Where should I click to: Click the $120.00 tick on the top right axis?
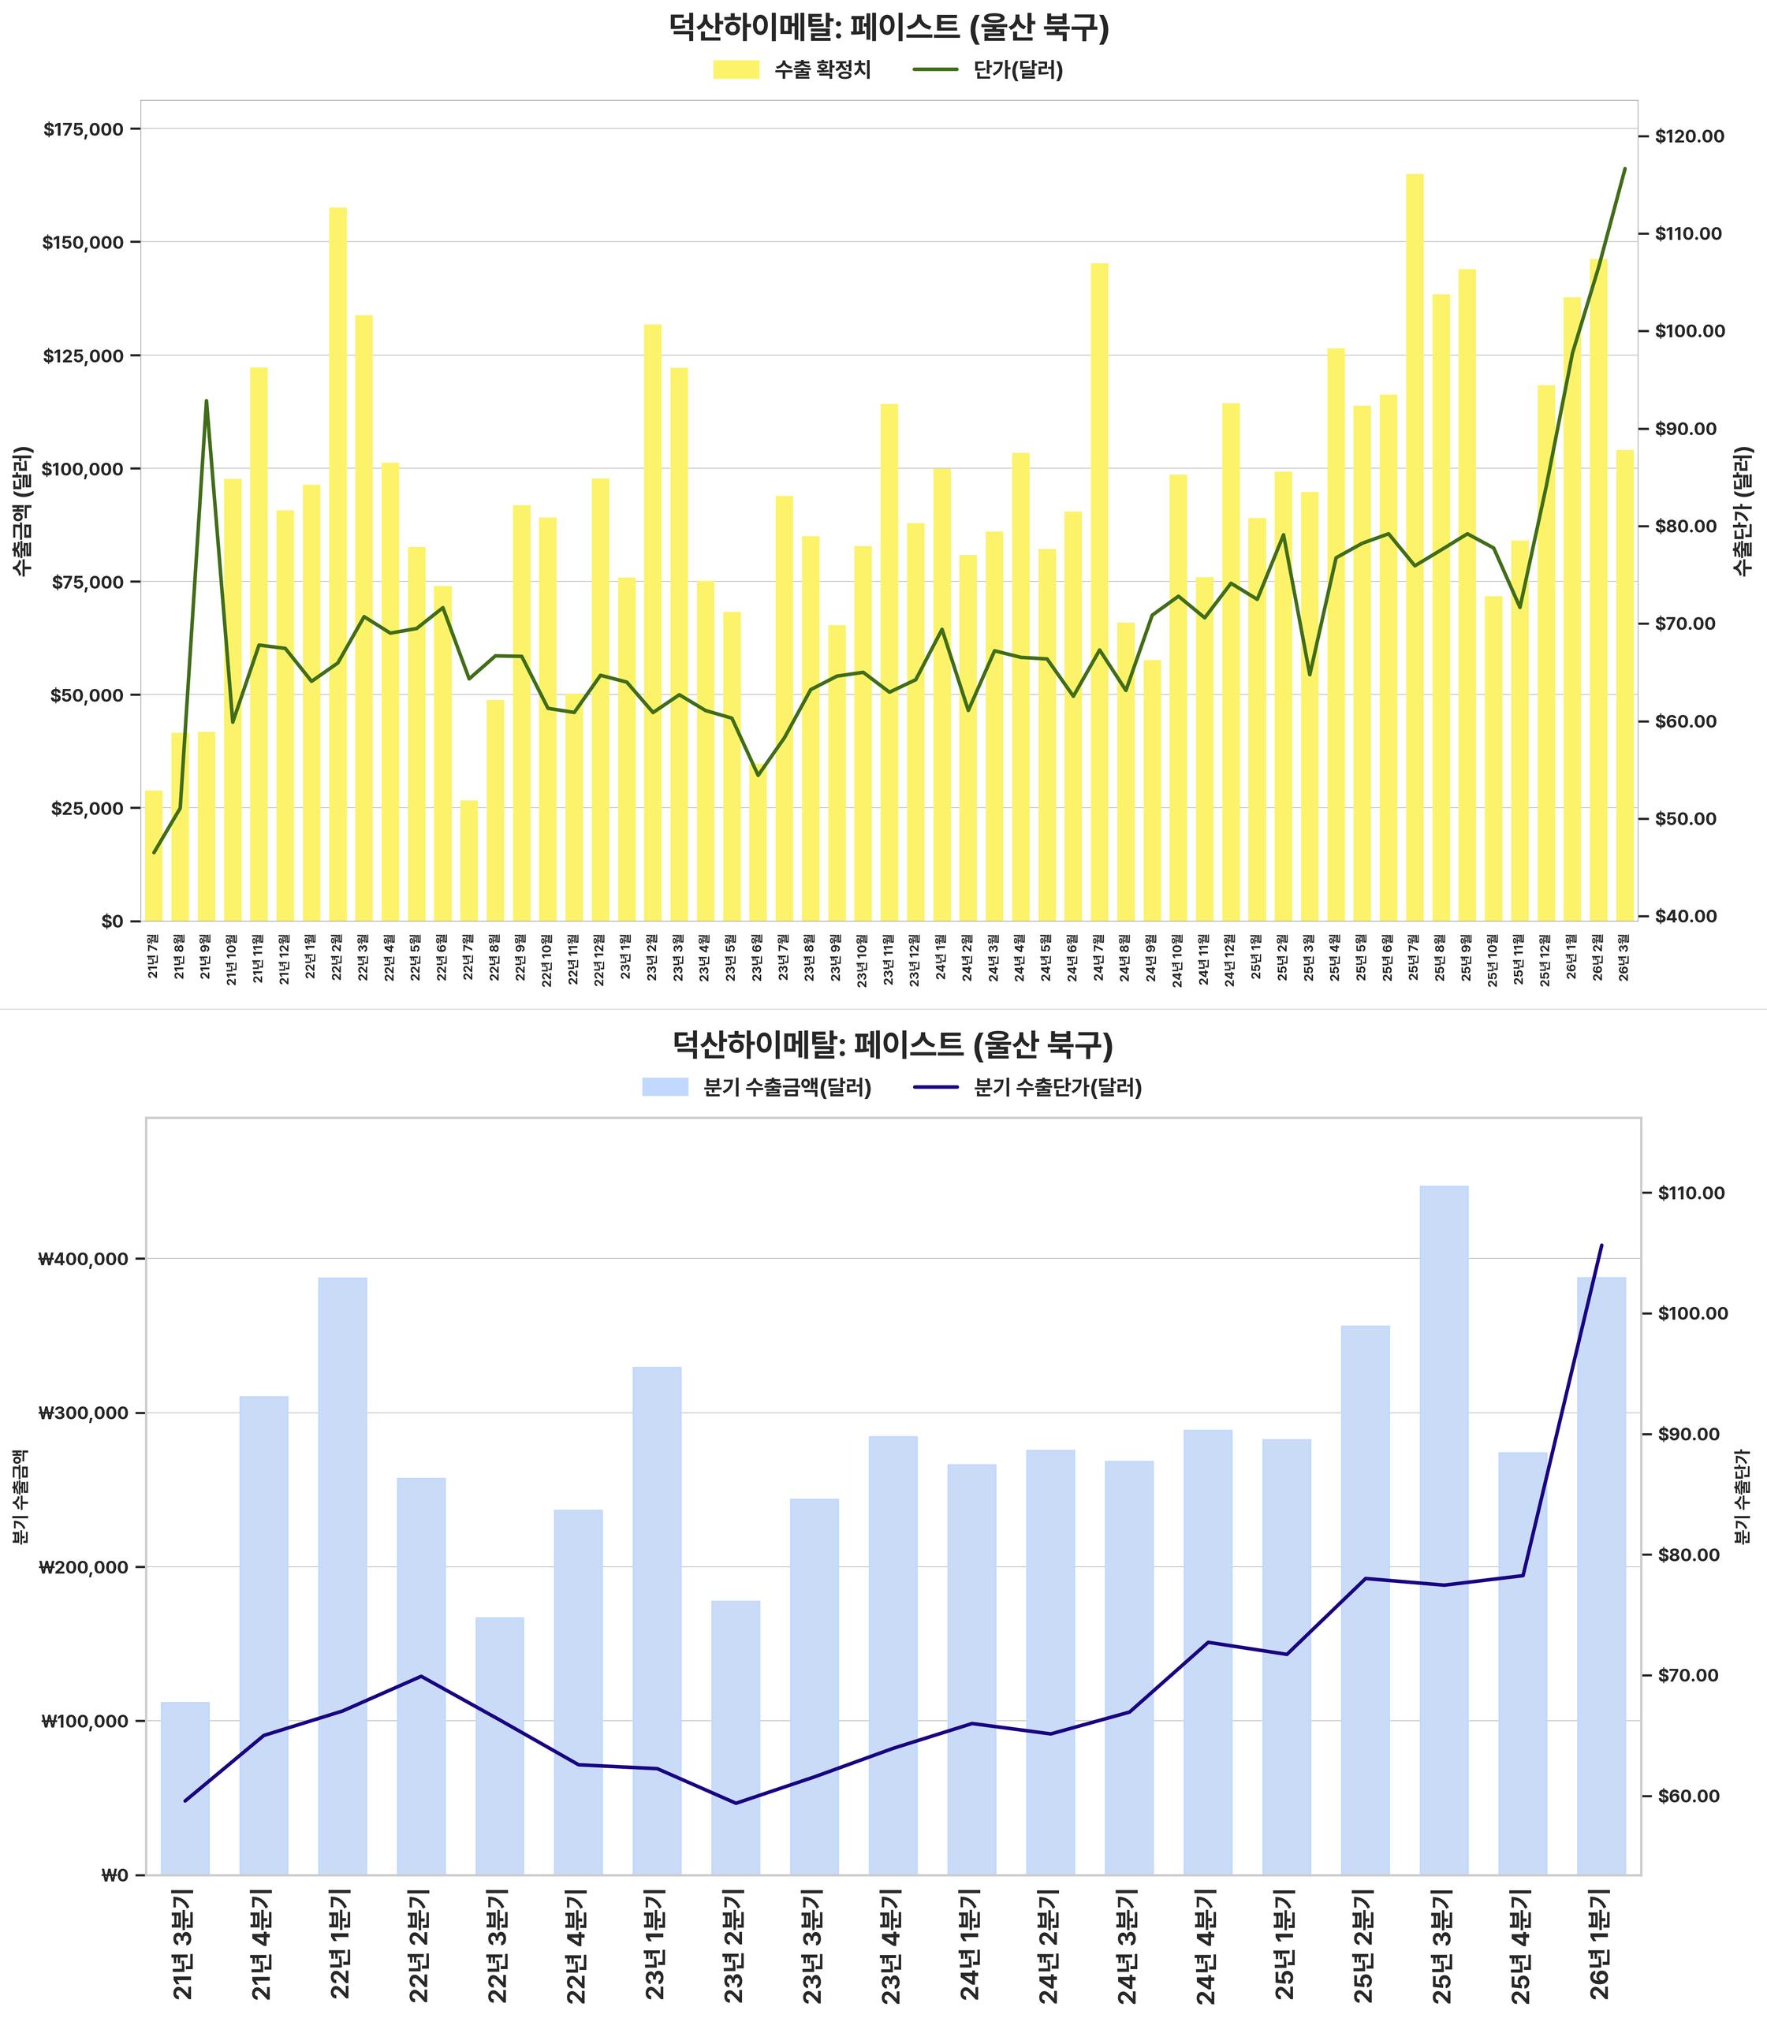click(x=1689, y=136)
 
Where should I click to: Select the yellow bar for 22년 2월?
click(x=337, y=562)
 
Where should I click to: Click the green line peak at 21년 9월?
click(x=206, y=401)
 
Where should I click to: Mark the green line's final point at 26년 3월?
click(x=1625, y=169)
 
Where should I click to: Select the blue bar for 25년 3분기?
click(x=1445, y=1528)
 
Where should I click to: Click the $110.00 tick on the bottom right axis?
click(x=1689, y=1193)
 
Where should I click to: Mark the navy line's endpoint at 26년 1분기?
click(x=1601, y=1245)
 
